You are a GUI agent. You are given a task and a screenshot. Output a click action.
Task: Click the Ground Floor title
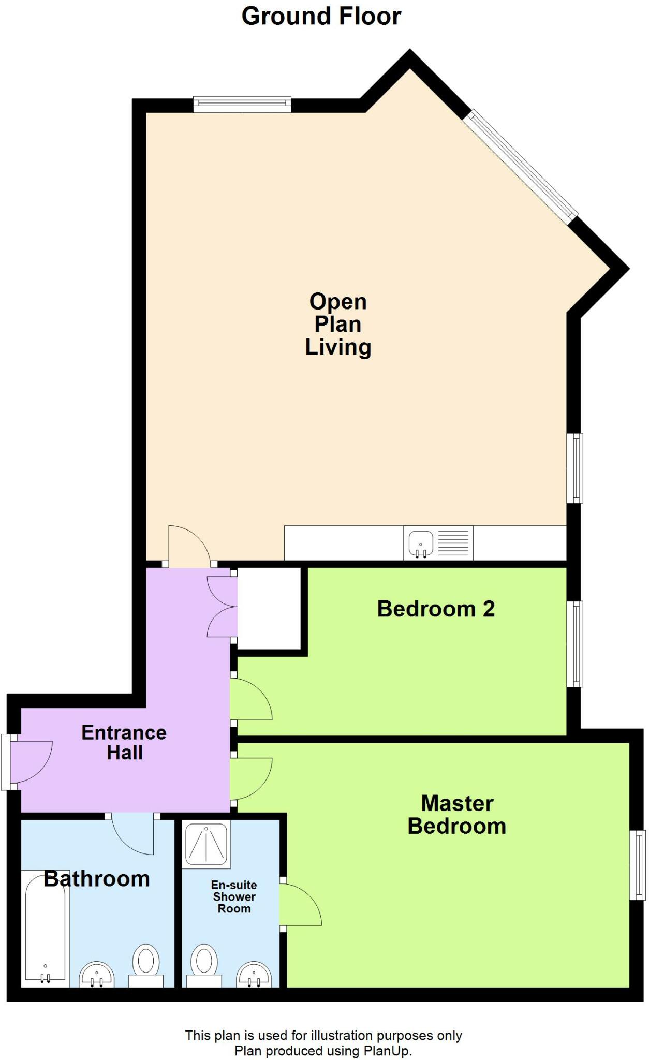(321, 17)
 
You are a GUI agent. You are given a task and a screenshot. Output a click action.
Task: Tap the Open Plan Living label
(337, 324)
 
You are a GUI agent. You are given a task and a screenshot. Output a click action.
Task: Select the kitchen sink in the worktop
(421, 543)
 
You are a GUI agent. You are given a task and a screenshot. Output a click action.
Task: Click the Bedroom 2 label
(435, 609)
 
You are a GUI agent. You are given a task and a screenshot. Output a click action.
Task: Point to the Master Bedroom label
(456, 815)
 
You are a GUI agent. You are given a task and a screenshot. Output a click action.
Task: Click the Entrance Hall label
(124, 742)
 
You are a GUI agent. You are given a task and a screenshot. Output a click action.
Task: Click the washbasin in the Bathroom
(96, 976)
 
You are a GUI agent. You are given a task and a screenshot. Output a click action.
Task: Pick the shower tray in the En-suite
(207, 844)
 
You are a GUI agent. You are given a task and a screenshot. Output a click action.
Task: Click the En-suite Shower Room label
(234, 897)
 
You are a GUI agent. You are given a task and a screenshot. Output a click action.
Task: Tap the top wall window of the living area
(242, 104)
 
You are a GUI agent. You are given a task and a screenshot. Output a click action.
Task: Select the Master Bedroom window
(638, 865)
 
